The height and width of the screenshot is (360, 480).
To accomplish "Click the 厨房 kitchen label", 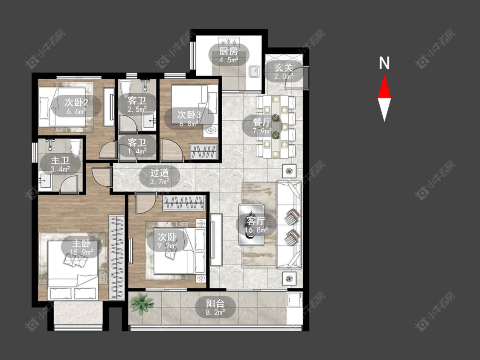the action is click(228, 51).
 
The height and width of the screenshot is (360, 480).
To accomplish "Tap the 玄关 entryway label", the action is click(283, 68).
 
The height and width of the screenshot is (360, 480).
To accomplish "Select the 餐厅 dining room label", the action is click(262, 122).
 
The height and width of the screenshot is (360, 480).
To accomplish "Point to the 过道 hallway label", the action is click(159, 173).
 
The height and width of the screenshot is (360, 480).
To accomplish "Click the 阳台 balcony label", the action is click(215, 304).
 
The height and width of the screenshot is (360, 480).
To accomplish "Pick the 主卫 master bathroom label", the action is click(60, 160).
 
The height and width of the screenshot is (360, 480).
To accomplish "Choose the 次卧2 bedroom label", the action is click(76, 102).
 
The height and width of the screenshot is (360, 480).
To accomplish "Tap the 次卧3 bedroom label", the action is click(189, 115).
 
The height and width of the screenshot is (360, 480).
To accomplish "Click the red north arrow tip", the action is click(384, 75).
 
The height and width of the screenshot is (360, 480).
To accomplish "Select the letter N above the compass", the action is click(384, 63).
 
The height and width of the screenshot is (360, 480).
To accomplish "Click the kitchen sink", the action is click(254, 72).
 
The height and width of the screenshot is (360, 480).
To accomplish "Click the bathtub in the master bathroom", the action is click(76, 148).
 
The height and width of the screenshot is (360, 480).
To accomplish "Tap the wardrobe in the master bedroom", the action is click(116, 258).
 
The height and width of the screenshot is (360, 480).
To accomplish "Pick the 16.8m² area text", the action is click(256, 229).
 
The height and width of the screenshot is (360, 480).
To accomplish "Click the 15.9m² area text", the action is click(81, 252).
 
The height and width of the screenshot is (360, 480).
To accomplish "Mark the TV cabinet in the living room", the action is click(216, 239).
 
